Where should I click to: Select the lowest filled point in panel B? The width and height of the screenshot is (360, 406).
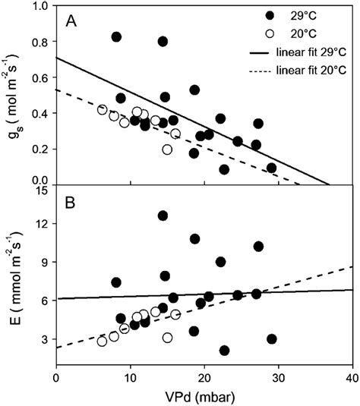[x=224, y=351]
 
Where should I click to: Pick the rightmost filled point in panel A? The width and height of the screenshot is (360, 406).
[x=272, y=168]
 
